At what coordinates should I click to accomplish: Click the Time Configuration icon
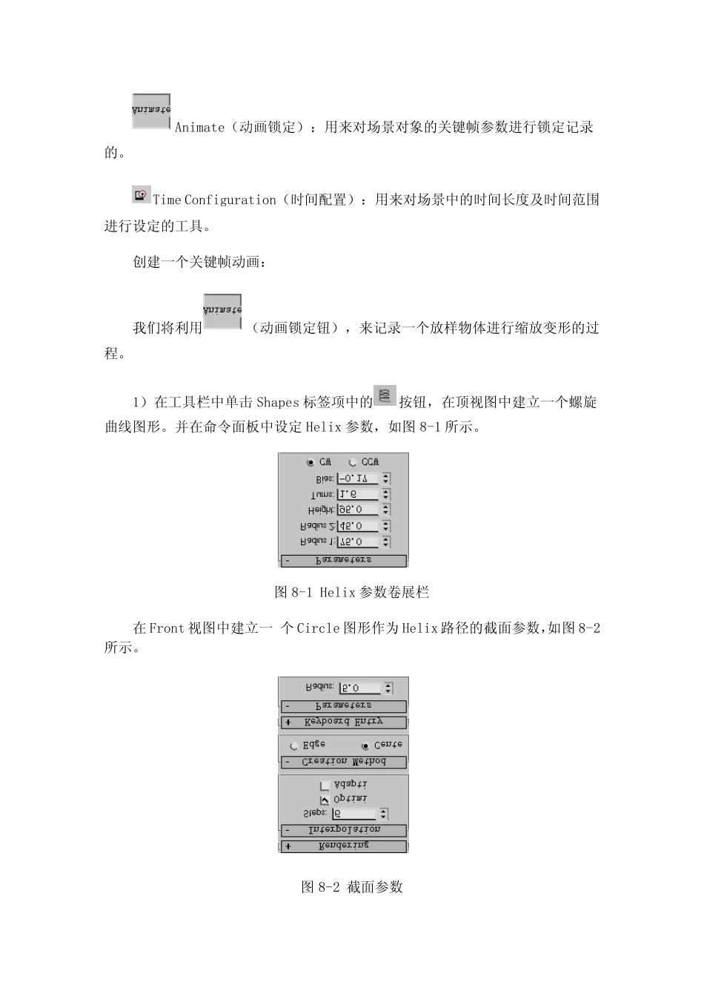[x=141, y=194]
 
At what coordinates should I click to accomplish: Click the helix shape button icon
[x=385, y=395]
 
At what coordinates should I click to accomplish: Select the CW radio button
[x=310, y=462]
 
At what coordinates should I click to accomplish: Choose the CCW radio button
[x=353, y=462]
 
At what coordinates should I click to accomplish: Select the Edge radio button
[x=294, y=746]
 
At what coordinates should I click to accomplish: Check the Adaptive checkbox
[x=325, y=785]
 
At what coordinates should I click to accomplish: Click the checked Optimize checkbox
[x=325, y=800]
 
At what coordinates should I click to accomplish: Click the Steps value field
[x=355, y=814]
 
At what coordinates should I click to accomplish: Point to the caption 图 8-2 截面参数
[x=352, y=886]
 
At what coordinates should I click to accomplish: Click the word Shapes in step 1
[x=278, y=403]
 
